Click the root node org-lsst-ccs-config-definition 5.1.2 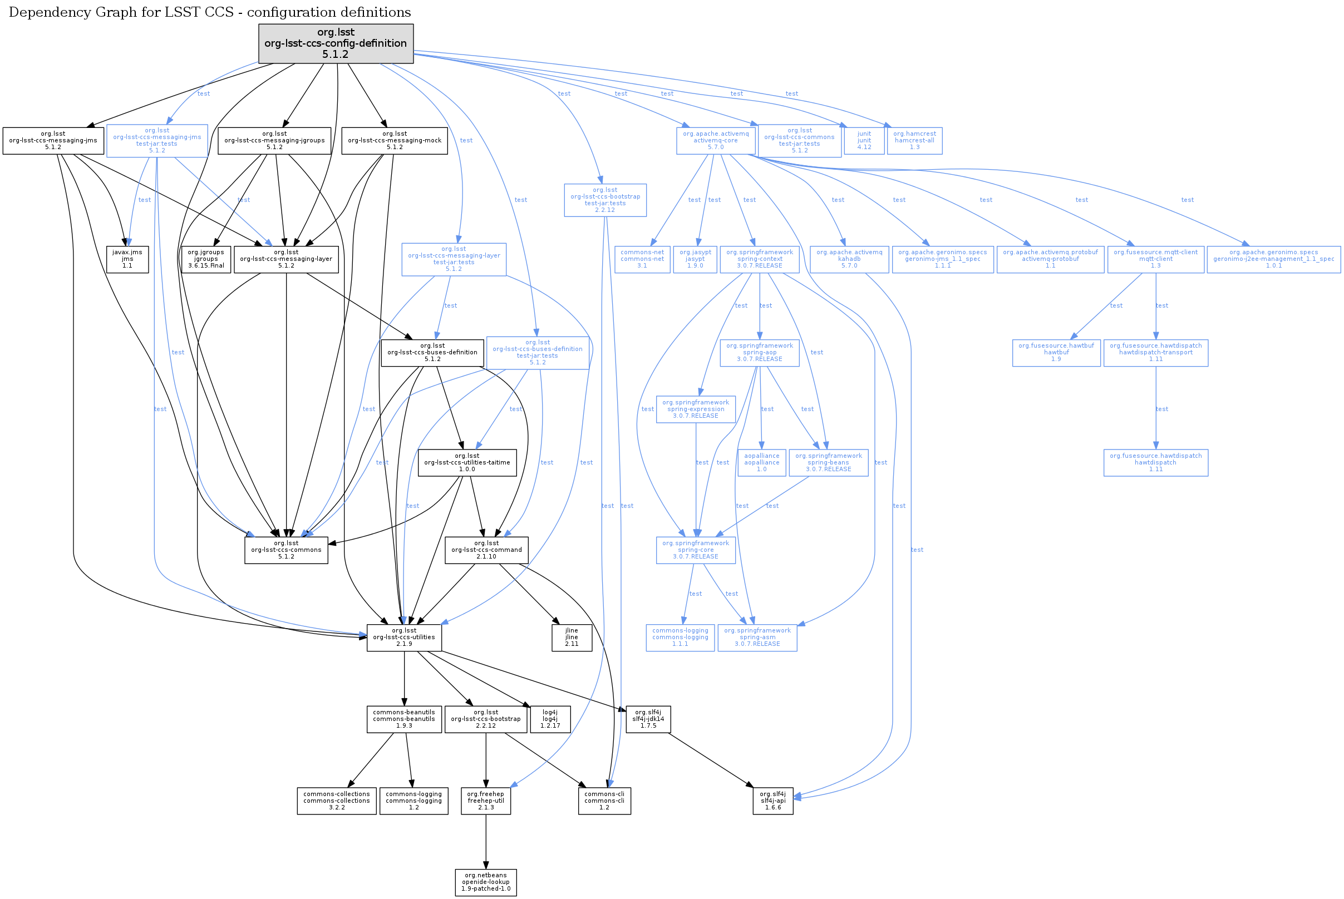tap(336, 43)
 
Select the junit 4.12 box tap(864, 140)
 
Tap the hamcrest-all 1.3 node tap(914, 140)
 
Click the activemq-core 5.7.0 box tap(715, 140)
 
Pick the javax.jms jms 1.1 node tap(127, 259)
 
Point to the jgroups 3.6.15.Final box tap(206, 259)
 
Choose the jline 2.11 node tap(571, 637)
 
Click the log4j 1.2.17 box tap(549, 719)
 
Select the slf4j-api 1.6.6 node tap(772, 801)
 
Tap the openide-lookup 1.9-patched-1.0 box tap(486, 882)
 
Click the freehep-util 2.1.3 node tap(486, 801)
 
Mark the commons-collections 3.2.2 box tap(337, 801)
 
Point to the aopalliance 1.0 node tap(761, 463)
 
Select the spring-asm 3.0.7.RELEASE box tap(757, 637)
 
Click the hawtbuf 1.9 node tap(1056, 353)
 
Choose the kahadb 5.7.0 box tap(849, 259)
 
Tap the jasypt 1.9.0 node tap(695, 259)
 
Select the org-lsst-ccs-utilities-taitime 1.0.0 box tap(467, 463)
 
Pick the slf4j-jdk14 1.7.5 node tap(648, 719)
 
